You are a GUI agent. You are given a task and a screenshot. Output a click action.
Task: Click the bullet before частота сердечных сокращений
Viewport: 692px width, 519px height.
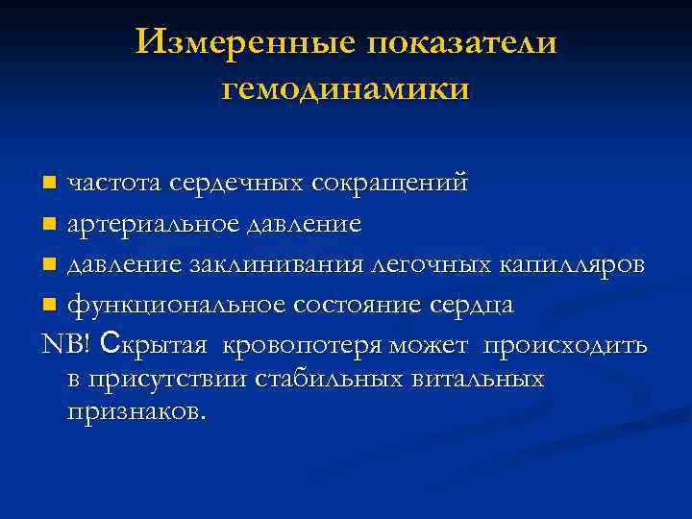[54, 182]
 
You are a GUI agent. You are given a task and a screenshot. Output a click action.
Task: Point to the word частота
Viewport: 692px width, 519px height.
[115, 182]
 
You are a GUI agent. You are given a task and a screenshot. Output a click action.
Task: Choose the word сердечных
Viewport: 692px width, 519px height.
[247, 182]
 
